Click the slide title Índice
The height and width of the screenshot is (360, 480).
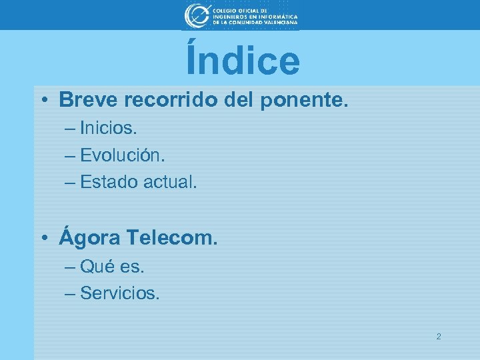pos(243,60)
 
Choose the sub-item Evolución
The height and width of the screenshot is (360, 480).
pos(122,155)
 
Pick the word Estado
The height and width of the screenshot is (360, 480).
pos(109,181)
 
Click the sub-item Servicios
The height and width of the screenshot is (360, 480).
pos(120,293)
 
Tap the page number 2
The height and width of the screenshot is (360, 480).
pos(438,337)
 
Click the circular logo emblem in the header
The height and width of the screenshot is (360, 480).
pos(196,15)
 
